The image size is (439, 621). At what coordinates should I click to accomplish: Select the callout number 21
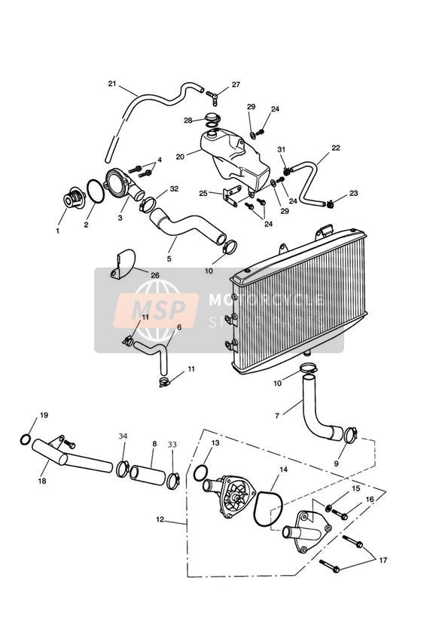(112, 83)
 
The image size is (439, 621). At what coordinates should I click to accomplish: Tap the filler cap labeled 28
(212, 119)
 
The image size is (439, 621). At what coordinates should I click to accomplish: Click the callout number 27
(236, 84)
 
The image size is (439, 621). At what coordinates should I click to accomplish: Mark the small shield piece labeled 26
(123, 264)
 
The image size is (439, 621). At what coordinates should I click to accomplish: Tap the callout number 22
(336, 148)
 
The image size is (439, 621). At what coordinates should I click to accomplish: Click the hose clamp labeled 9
(350, 435)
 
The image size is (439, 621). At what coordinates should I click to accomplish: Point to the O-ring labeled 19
(26, 439)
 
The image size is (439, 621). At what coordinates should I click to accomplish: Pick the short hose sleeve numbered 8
(147, 475)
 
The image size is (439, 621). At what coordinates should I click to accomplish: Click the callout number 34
(123, 436)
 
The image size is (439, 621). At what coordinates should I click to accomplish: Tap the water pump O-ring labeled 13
(200, 473)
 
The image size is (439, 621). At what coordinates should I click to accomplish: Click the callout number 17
(383, 560)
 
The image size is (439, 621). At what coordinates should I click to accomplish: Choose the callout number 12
(160, 519)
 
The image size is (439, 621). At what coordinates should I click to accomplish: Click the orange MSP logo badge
(156, 310)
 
